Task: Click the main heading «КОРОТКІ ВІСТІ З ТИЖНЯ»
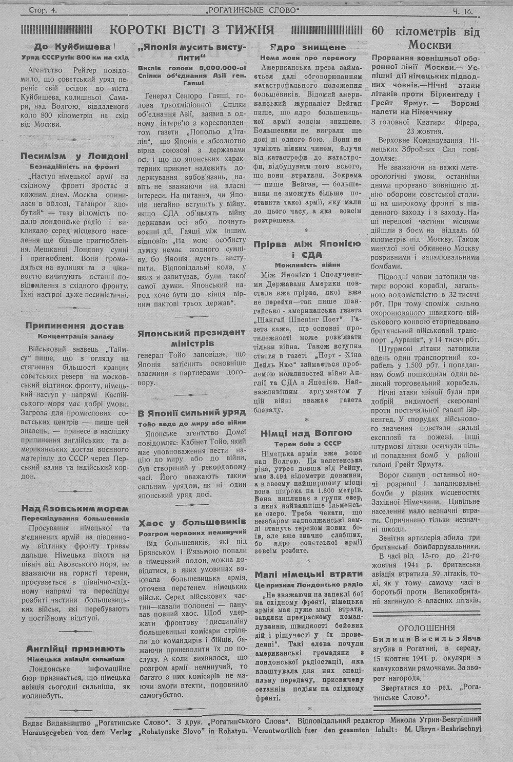[192, 30]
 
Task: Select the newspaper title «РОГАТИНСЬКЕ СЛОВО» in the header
[252, 10]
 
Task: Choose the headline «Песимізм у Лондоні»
[74, 156]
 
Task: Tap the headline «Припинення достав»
[74, 326]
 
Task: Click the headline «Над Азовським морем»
[74, 508]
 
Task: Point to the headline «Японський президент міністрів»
[191, 338]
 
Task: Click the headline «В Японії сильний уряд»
[191, 412]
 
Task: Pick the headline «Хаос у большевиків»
[192, 522]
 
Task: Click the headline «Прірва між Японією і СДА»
[308, 249]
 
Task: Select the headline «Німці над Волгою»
[306, 433]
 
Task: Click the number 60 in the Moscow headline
[378, 31]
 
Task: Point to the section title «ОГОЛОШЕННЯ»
[426, 627]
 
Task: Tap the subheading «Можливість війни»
[308, 265]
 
